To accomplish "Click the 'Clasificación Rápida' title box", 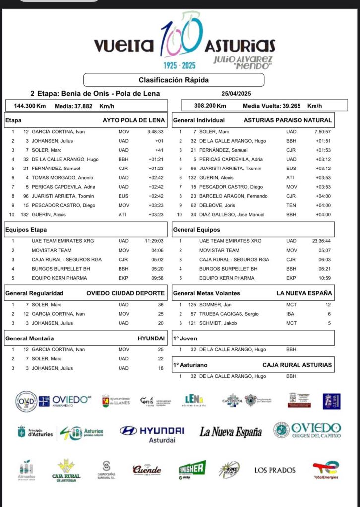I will pos(174,80).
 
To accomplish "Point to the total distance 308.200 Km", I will pos(210,106).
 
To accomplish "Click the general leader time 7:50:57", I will pos(322,132).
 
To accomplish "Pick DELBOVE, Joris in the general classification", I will pos(213,205).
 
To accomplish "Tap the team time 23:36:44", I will pos(321,241).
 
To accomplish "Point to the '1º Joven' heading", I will pos(185,338).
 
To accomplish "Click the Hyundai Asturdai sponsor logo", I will pos(153,433).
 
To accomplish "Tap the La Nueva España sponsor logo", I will pos(231,432).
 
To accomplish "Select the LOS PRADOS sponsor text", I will pos(275,470).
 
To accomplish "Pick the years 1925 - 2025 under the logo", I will pos(180,65).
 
